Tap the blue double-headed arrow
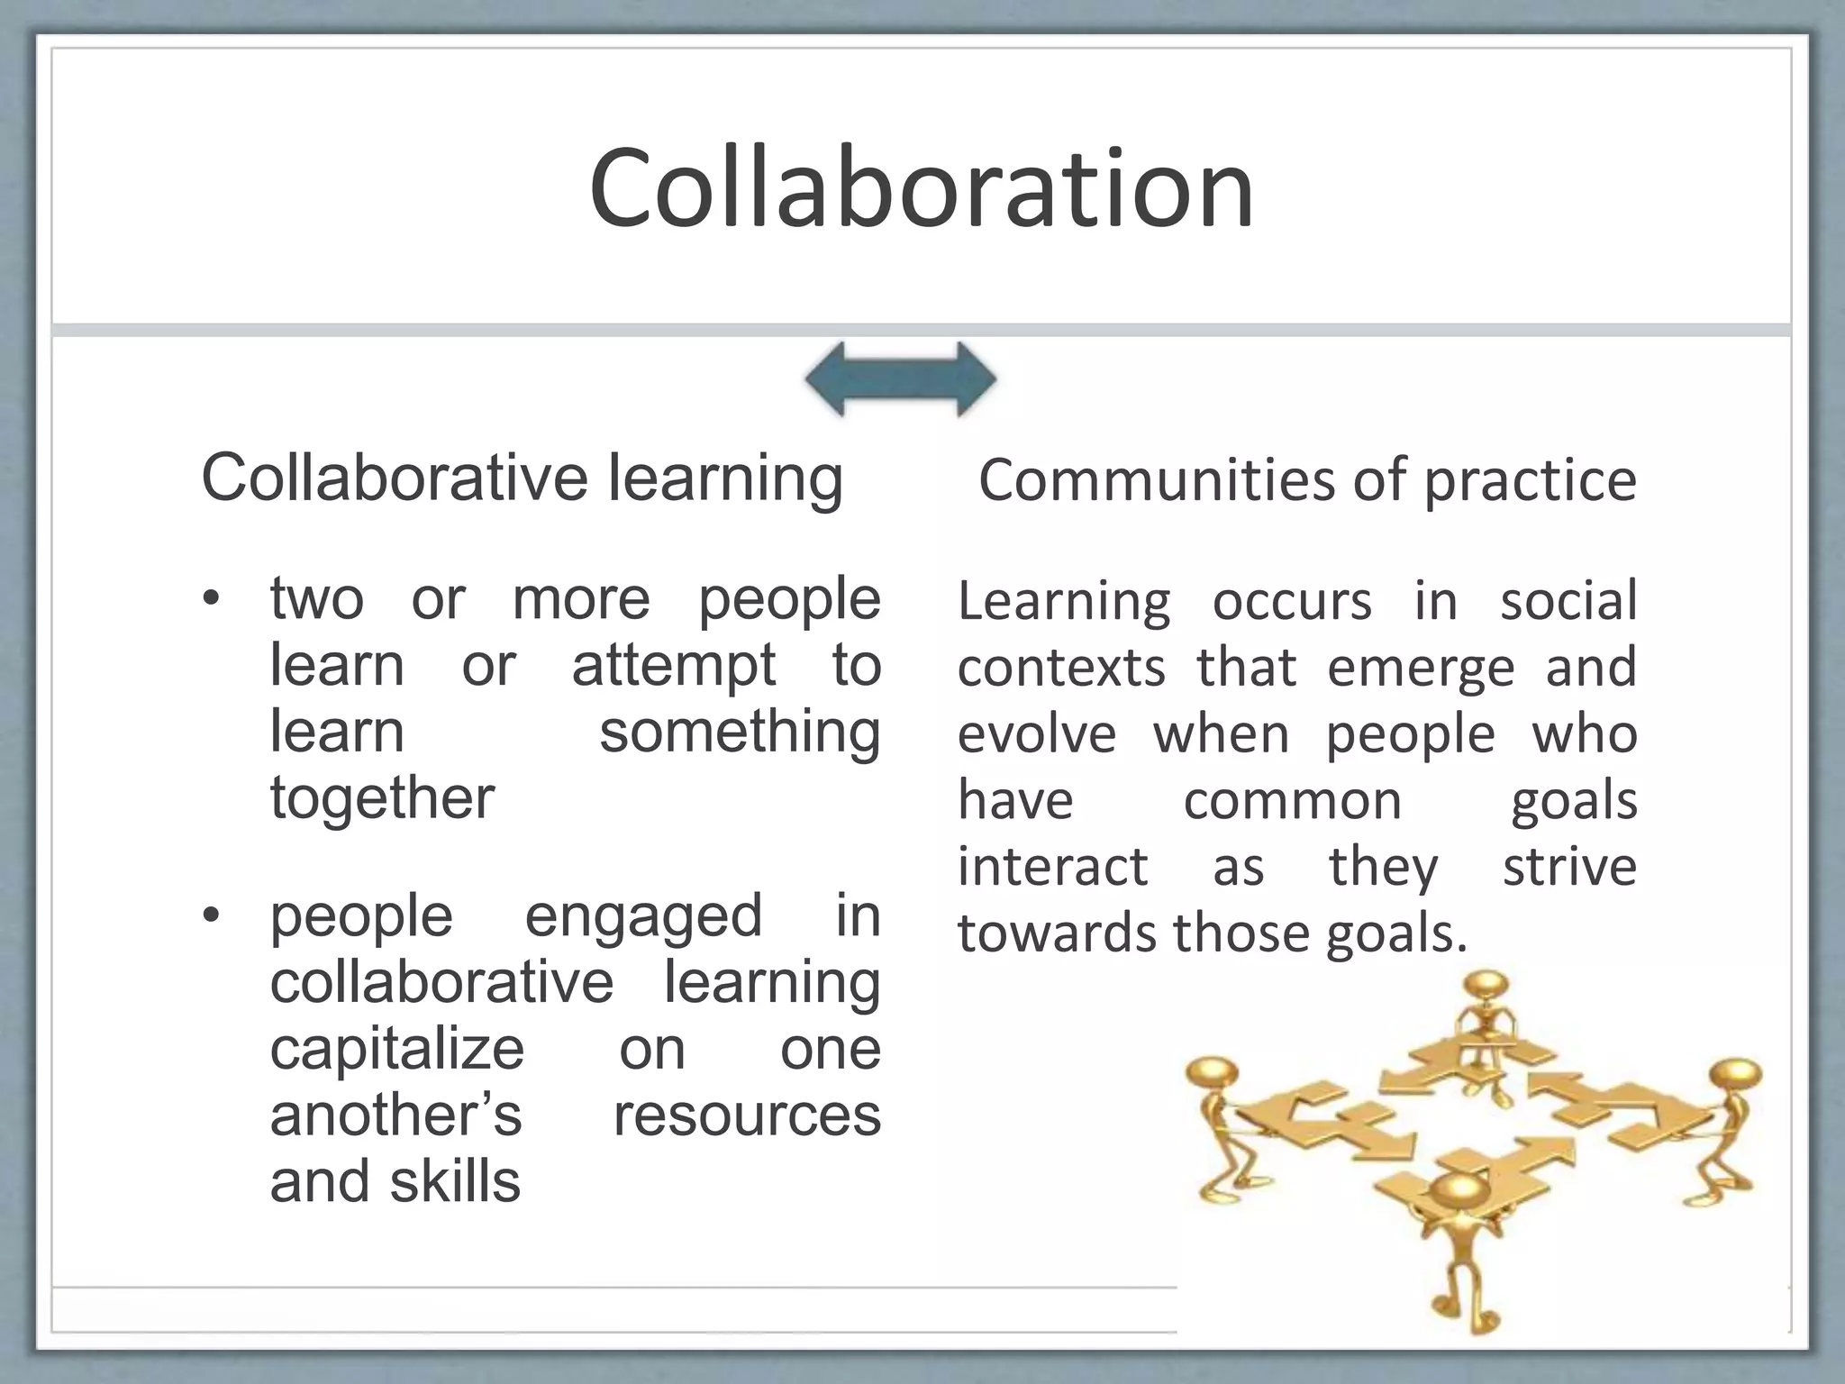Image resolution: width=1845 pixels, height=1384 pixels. click(901, 379)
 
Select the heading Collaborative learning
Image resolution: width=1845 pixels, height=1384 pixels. click(522, 478)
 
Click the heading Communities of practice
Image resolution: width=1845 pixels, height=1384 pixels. click(1307, 479)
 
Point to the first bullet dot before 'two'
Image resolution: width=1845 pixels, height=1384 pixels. click(210, 599)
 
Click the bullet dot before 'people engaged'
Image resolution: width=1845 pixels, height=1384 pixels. click(210, 916)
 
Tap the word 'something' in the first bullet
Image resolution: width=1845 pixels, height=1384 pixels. click(740, 732)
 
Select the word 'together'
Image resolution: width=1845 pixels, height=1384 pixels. click(382, 798)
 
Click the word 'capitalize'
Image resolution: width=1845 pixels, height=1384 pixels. click(396, 1049)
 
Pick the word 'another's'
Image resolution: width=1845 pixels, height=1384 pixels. click(395, 1115)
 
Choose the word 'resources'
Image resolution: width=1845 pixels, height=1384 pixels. click(747, 1115)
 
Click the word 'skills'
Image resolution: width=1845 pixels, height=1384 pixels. click(455, 1181)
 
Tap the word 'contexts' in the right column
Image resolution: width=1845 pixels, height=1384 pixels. click(1061, 668)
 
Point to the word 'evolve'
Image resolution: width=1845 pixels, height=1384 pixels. click(1036, 734)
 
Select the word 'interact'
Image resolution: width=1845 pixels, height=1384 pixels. click(1052, 867)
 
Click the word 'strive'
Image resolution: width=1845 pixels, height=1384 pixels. click(1569, 867)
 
